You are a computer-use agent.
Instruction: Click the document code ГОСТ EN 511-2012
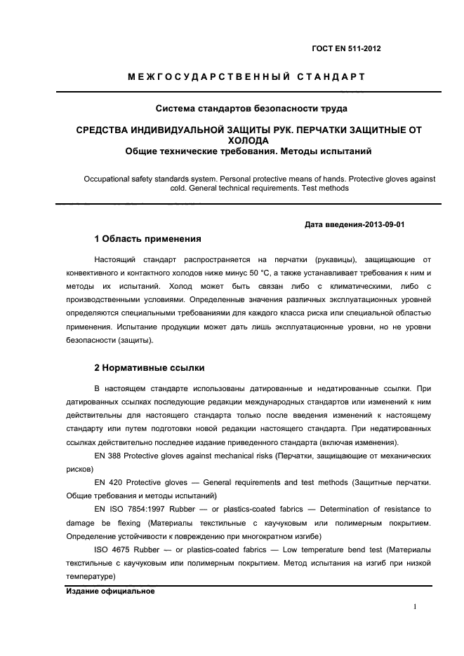pyautogui.click(x=346, y=48)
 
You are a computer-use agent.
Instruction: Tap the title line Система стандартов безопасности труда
pyautogui.click(x=251, y=109)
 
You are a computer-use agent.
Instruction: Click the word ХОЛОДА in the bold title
pyautogui.click(x=251, y=140)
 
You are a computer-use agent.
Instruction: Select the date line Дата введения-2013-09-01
pyautogui.click(x=354, y=225)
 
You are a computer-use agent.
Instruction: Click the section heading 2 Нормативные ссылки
pyautogui.click(x=150, y=367)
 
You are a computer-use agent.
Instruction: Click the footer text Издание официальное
pyautogui.click(x=110, y=591)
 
